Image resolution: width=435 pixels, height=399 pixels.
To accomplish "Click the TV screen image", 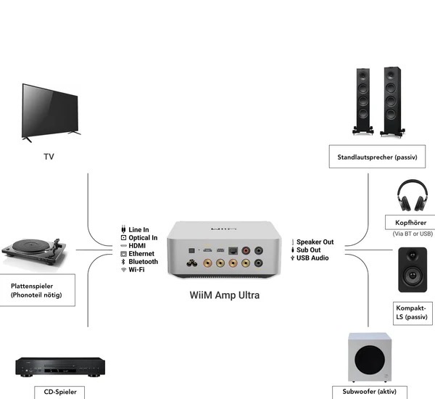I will [50, 111].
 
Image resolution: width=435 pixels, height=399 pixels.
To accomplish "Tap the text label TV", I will [49, 156].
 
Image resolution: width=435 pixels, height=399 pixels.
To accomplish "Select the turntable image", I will [35, 250].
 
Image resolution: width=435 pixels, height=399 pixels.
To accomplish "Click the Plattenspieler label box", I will [37, 290].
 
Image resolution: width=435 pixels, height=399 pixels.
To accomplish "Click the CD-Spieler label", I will [59, 392].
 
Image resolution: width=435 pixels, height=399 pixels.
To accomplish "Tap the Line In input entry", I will [138, 230].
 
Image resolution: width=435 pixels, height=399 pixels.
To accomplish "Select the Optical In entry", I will [142, 238].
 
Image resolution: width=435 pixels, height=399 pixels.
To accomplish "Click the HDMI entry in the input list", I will [137, 246].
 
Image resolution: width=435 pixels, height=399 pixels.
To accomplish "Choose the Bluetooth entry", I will [142, 262].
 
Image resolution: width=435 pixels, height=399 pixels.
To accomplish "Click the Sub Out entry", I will [309, 250].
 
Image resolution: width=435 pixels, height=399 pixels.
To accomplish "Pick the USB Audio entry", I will [312, 258].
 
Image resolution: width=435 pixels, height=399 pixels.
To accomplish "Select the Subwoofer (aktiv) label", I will [374, 392].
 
